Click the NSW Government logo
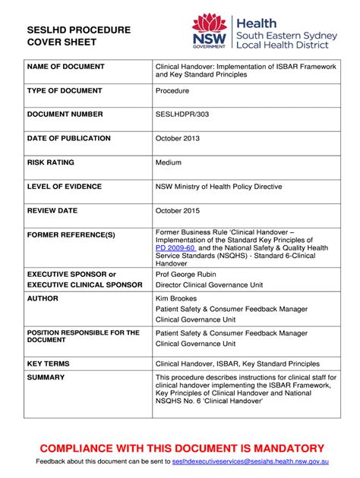tap(210, 32)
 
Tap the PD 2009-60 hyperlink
tap(175, 247)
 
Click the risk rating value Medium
tap(169, 162)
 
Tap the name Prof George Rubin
tap(186, 273)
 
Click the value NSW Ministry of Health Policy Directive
tap(219, 186)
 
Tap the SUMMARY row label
tap(46, 377)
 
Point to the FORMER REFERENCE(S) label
tap(71, 234)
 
